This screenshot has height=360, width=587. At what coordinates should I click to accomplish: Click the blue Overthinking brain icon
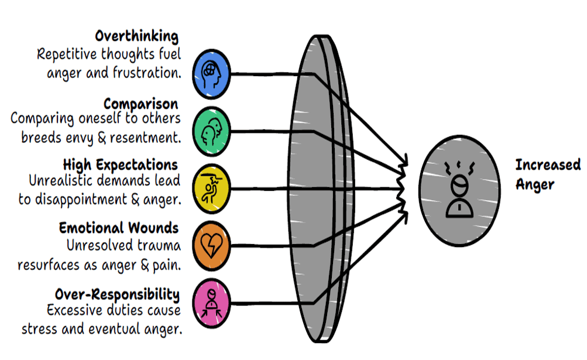tap(211, 74)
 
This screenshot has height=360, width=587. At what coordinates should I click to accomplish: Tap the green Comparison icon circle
tap(211, 132)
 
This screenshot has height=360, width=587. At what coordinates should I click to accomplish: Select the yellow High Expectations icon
tap(211, 188)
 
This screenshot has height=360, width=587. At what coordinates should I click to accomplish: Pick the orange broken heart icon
tap(211, 245)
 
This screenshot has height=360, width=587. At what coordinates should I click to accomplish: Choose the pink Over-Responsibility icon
tap(211, 301)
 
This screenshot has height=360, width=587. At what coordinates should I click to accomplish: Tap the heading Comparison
tap(140, 104)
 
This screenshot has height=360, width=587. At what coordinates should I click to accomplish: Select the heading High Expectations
tap(120, 164)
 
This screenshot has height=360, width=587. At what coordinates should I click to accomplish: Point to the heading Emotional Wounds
tap(119, 228)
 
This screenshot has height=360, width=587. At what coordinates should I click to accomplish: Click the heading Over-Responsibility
tap(117, 294)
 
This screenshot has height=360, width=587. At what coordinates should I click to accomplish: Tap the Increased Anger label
tap(547, 174)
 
